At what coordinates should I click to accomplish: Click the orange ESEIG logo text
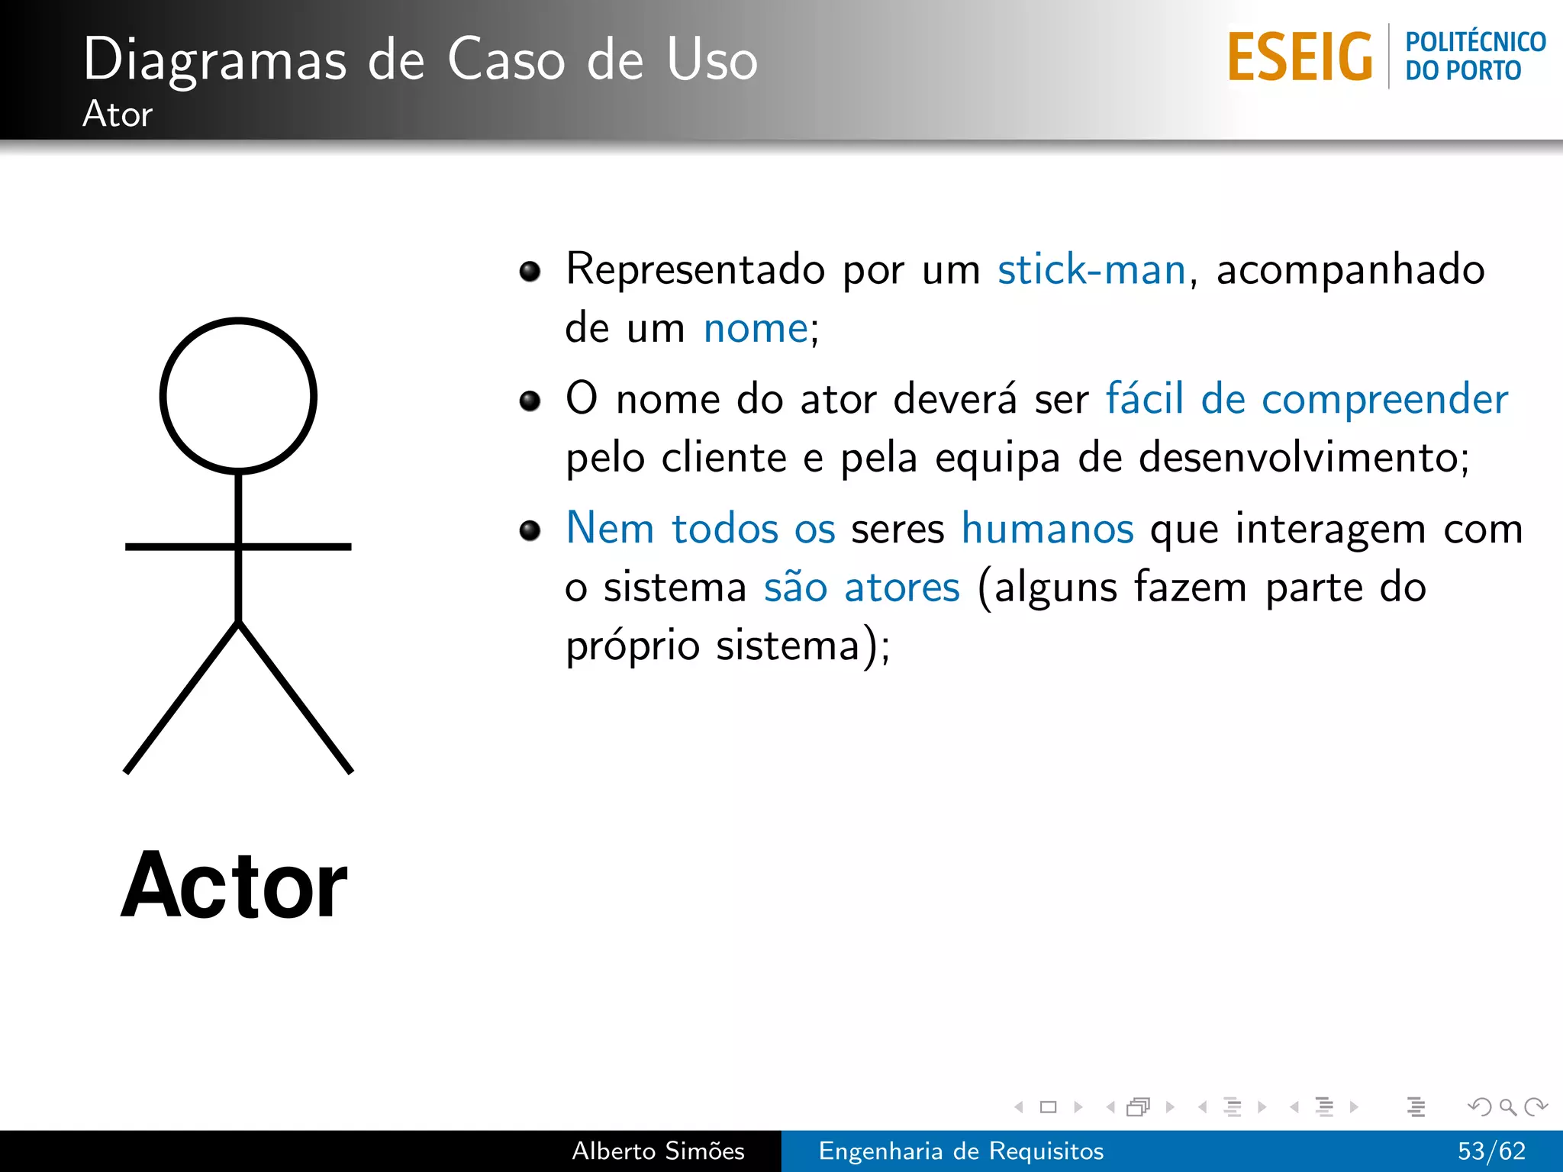click(1300, 57)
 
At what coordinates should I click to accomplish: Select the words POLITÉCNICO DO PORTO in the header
click(1474, 56)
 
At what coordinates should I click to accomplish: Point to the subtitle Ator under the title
click(118, 114)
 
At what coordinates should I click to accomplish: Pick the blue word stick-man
click(1091, 269)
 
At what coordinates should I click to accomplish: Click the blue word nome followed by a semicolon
click(756, 329)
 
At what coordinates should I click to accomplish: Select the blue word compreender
click(1384, 399)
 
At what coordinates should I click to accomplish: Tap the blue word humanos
click(1047, 528)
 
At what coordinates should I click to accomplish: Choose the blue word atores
click(902, 588)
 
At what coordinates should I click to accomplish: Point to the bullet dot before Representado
click(530, 271)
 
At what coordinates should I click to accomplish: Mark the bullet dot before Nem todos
click(530, 530)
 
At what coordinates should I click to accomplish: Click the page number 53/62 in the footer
click(1491, 1151)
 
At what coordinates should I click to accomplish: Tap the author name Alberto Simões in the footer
click(658, 1151)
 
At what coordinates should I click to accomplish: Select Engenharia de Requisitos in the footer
click(961, 1151)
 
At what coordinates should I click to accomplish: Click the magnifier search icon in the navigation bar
click(1507, 1106)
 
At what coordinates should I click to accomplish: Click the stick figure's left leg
click(182, 697)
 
